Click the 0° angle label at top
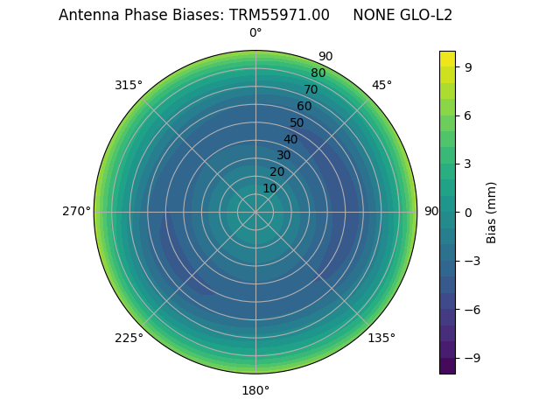(x=255, y=33)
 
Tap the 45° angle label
(x=381, y=85)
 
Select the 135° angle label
(x=381, y=338)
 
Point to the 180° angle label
(x=255, y=390)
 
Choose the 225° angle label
(x=129, y=338)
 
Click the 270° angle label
(x=76, y=211)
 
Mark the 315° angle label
(x=129, y=85)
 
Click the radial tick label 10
(x=269, y=188)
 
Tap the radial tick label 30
(x=283, y=156)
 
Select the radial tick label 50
(x=297, y=123)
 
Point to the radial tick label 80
(x=318, y=73)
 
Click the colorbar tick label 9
(x=469, y=66)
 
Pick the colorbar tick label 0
(x=469, y=212)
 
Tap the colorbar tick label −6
(x=470, y=309)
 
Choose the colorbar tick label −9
(x=470, y=358)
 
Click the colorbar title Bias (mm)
(x=492, y=212)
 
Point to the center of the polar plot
(x=255, y=212)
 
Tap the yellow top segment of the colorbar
(x=447, y=59)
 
